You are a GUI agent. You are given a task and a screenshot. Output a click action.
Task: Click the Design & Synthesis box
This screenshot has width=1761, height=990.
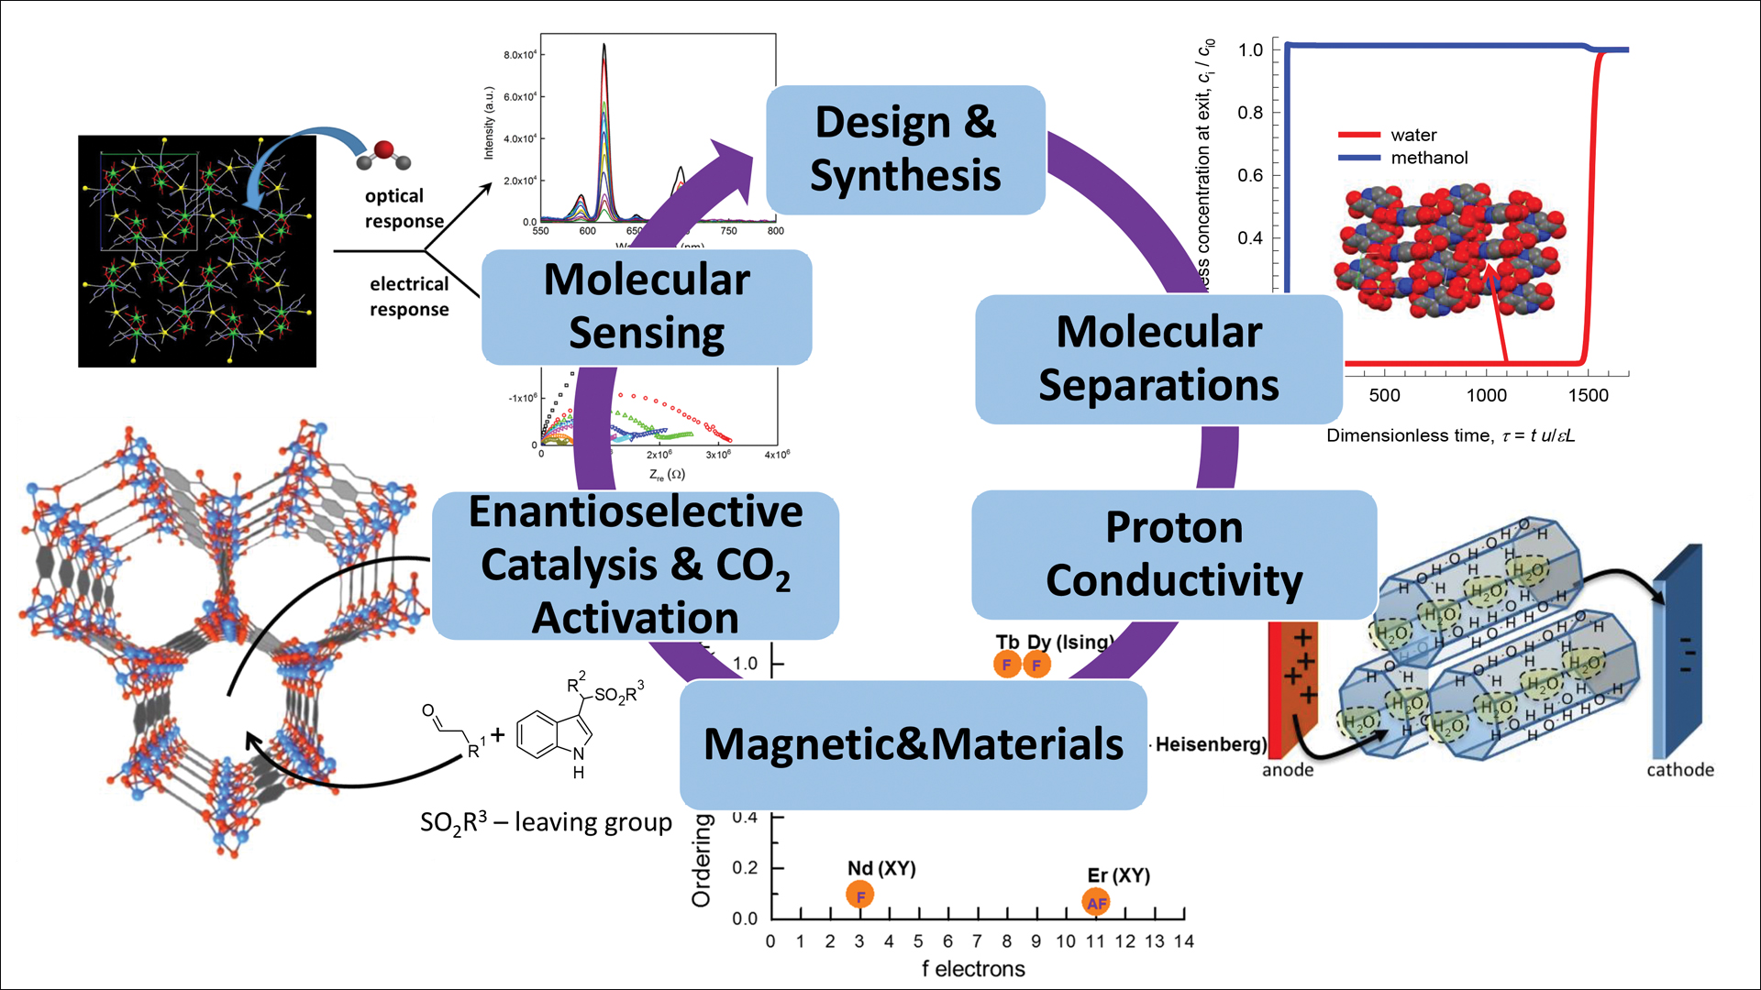(905, 149)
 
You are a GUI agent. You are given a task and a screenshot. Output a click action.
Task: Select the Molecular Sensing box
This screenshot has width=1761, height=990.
(647, 307)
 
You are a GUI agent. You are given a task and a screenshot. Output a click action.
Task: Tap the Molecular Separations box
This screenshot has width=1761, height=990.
(1158, 358)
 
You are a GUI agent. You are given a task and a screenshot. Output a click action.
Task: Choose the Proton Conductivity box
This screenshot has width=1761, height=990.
(1174, 554)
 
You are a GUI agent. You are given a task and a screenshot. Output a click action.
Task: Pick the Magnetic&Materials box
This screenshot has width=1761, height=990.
(913, 744)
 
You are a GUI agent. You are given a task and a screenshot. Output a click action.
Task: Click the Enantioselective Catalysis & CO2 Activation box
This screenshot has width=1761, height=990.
(635, 565)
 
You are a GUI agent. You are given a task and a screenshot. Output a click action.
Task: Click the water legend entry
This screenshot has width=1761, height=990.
(1412, 135)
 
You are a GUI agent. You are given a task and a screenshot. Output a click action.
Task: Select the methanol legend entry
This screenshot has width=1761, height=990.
(1428, 158)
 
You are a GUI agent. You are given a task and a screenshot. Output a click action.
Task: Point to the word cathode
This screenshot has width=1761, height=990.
(1679, 770)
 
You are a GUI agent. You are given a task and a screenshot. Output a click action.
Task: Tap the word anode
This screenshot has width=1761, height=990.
(1287, 770)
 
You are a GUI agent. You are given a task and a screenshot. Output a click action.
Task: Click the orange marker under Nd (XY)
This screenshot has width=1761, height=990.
(859, 896)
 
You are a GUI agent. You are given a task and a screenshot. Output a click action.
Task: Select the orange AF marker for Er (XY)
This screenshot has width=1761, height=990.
(1096, 903)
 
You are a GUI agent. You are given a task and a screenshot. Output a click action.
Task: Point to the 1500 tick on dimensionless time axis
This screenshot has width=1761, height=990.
(1588, 395)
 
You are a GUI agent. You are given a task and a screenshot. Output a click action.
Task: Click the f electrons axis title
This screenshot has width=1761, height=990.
(973, 969)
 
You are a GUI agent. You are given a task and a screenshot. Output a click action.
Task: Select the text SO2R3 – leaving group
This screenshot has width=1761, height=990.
(546, 822)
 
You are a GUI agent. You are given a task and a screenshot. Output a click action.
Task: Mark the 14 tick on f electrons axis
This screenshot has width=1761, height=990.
(1183, 941)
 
